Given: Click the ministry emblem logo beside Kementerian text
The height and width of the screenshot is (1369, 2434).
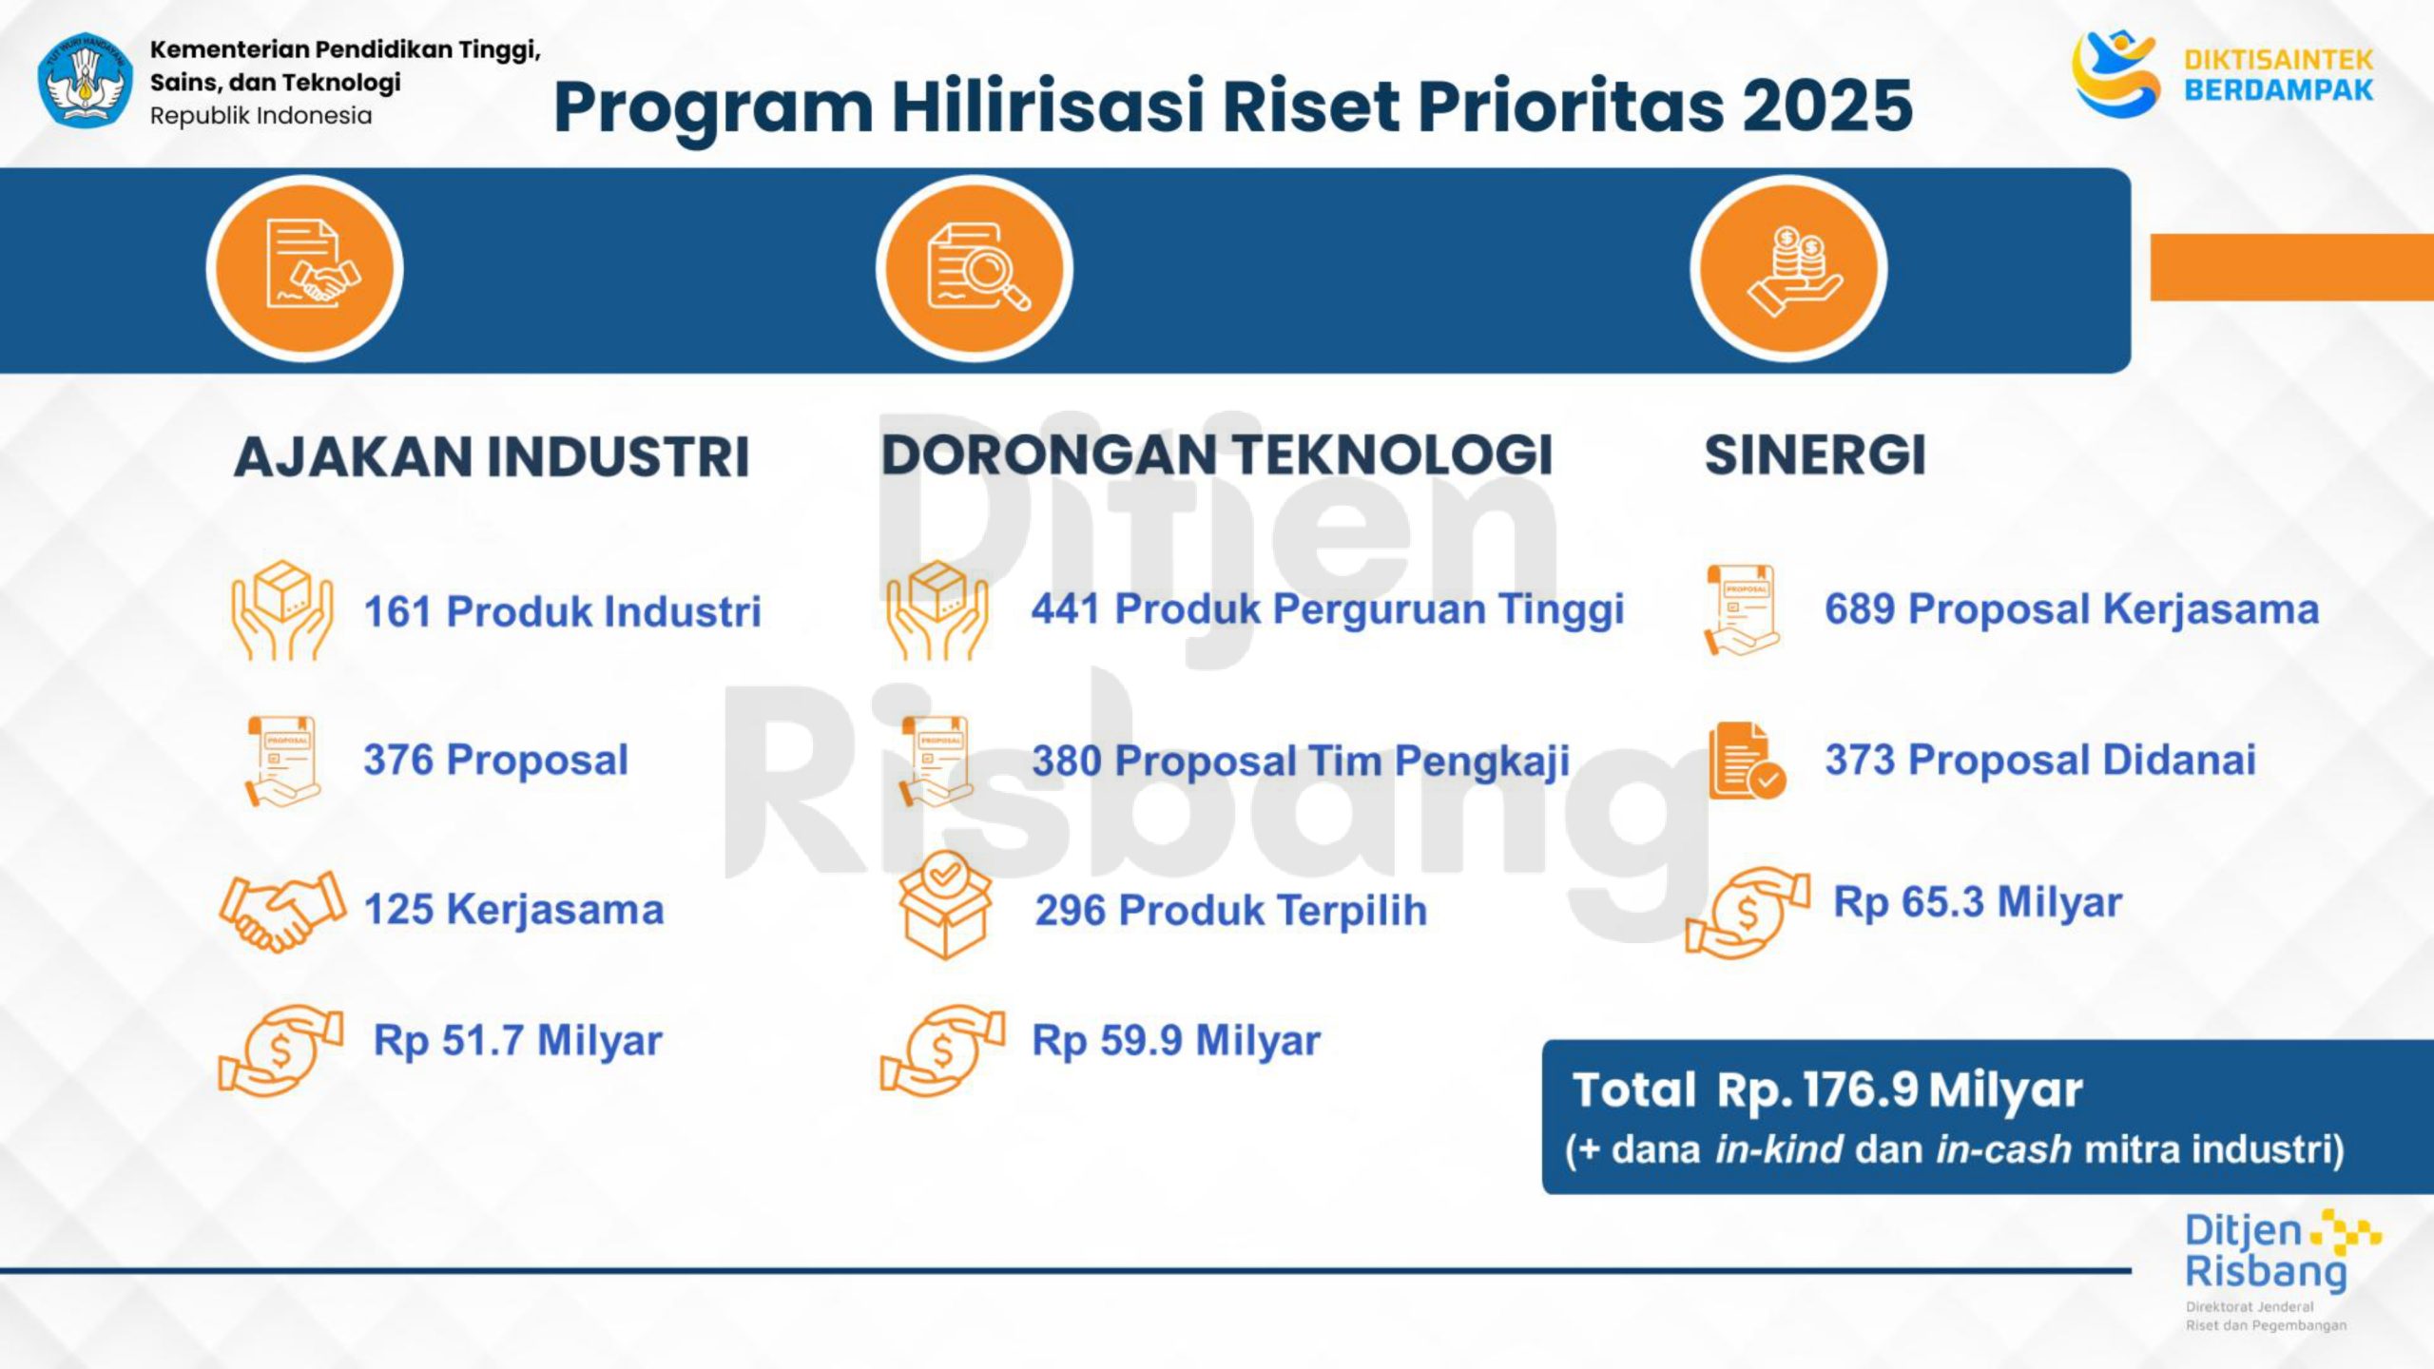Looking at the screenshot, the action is [86, 80].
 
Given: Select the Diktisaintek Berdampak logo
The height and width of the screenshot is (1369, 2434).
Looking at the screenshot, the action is [2223, 74].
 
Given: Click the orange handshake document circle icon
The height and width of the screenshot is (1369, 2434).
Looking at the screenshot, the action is [305, 269].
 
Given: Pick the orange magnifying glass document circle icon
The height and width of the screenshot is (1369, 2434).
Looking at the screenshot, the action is [975, 269].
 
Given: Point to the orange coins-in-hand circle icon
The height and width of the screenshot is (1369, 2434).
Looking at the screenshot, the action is [1788, 269].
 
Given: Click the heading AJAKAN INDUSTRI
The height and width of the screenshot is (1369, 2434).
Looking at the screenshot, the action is [492, 456].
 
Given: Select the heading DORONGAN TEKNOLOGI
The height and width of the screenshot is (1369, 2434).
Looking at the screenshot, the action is [1217, 454].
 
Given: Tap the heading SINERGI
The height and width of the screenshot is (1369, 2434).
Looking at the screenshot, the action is [1815, 454].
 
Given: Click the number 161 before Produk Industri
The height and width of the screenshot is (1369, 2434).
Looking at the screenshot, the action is [397, 611].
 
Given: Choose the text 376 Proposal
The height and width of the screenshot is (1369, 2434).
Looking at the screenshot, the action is [495, 760].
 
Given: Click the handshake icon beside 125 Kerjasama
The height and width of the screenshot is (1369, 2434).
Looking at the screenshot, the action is [282, 910].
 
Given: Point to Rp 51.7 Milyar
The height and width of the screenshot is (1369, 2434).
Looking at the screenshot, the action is [517, 1040].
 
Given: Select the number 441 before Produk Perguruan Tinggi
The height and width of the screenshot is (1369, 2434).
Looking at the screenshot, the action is [1067, 608].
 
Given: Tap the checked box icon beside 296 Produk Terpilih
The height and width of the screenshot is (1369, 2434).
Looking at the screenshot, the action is [944, 904].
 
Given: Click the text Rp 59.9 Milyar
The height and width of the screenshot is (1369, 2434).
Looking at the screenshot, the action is [1176, 1040].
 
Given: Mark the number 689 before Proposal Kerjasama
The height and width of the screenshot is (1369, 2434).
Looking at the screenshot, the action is [1860, 608].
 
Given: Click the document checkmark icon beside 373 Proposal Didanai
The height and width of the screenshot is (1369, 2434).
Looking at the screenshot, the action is [1748, 762].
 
